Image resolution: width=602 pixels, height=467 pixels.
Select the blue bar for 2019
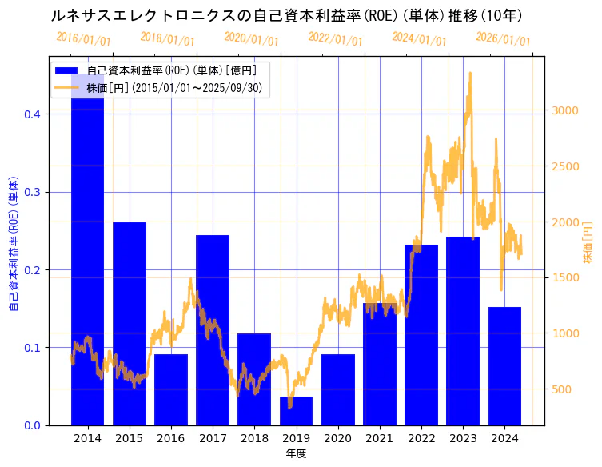(x=296, y=411)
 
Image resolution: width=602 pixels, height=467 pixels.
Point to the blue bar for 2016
(x=171, y=389)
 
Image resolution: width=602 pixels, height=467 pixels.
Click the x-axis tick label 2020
(x=337, y=438)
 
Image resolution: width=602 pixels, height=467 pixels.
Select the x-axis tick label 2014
(x=87, y=438)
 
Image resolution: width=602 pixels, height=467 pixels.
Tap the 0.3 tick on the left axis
(x=32, y=192)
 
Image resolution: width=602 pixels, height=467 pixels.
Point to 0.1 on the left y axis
(x=32, y=348)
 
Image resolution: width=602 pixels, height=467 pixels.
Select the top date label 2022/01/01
(x=335, y=38)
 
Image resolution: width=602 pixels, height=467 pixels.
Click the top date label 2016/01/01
(x=83, y=38)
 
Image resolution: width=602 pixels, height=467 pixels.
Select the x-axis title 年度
(x=296, y=453)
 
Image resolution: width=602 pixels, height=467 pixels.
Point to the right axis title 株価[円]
(x=588, y=244)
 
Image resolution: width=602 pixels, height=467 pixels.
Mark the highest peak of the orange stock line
(x=469, y=73)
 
